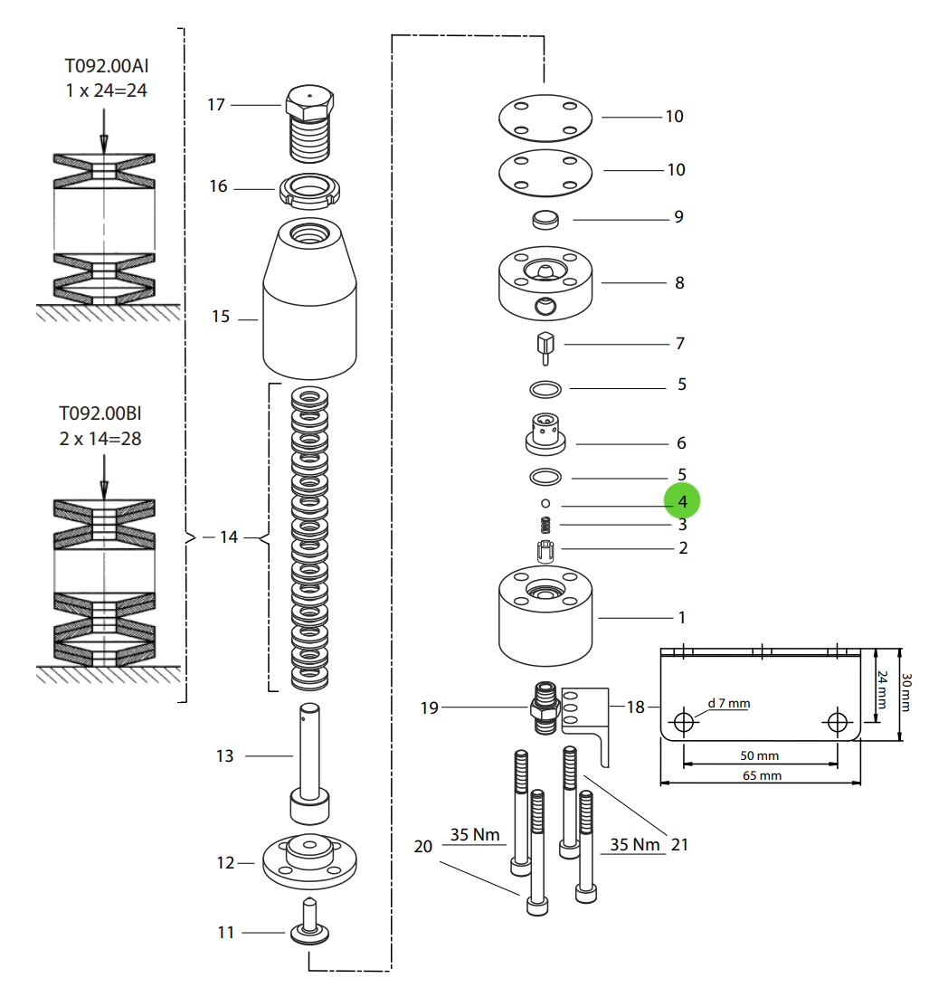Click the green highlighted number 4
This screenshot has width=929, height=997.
pyautogui.click(x=682, y=501)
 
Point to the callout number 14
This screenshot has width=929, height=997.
pyautogui.click(x=228, y=537)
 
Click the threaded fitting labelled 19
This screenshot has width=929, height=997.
pyautogui.click(x=542, y=707)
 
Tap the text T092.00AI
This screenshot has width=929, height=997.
pyautogui.click(x=106, y=66)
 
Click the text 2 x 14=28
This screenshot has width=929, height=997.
pyautogui.click(x=100, y=439)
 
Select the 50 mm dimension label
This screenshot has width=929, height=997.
pyautogui.click(x=760, y=755)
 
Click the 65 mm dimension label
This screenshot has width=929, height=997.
pyautogui.click(x=762, y=775)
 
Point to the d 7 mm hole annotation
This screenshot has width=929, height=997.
pyautogui.click(x=728, y=703)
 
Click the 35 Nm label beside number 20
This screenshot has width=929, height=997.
pyautogui.click(x=475, y=834)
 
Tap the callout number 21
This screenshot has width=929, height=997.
pyautogui.click(x=679, y=844)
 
